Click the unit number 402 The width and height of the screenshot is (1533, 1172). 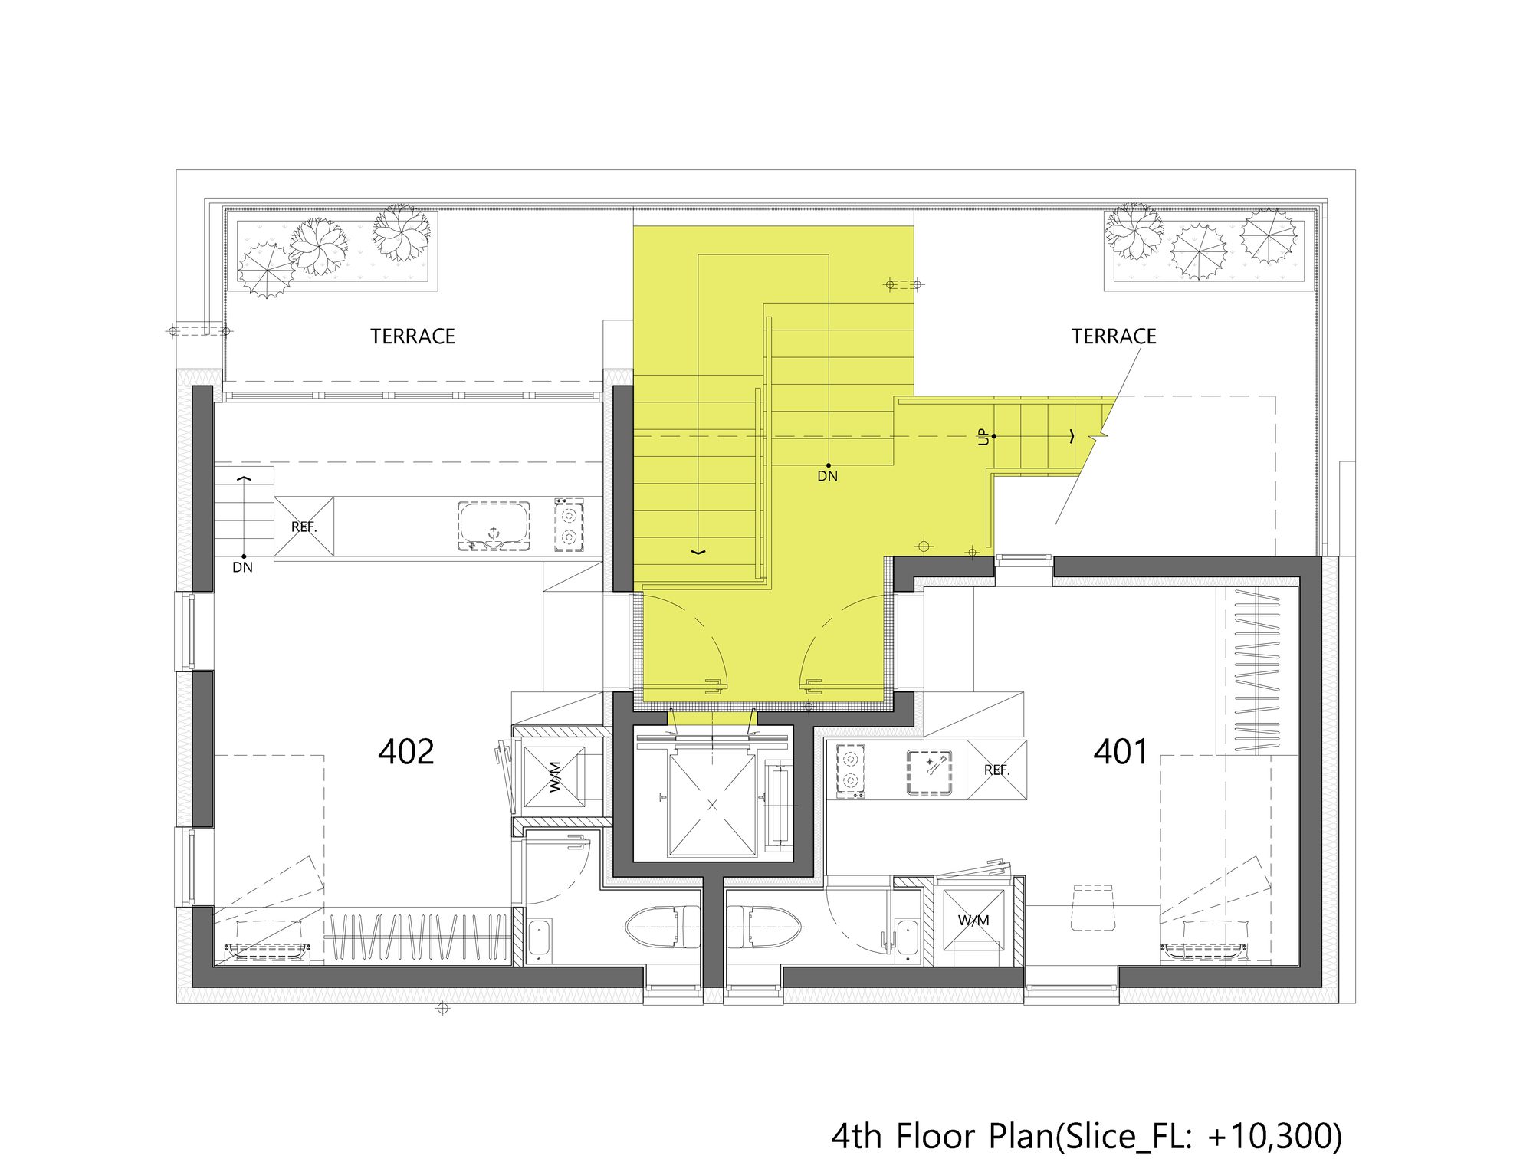click(405, 752)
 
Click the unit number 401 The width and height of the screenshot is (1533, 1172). click(1120, 752)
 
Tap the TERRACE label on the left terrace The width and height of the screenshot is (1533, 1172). click(412, 336)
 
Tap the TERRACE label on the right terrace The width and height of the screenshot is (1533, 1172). click(1113, 336)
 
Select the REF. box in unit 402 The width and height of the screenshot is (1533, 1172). click(304, 527)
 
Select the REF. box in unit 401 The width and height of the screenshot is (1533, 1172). click(996, 770)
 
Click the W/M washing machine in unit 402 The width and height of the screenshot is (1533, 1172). click(554, 776)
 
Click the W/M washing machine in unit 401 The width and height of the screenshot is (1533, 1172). click(973, 920)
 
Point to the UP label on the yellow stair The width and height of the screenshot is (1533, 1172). click(983, 437)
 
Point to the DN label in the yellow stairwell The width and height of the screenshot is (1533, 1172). click(827, 476)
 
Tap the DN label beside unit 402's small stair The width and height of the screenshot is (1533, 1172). click(242, 567)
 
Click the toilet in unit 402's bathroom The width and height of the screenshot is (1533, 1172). click(662, 927)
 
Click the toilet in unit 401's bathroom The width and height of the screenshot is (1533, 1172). click(763, 927)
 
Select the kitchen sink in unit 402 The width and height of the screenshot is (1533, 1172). click(494, 526)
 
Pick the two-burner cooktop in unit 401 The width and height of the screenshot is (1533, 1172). click(850, 770)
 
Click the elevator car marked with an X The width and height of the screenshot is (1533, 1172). click(712, 805)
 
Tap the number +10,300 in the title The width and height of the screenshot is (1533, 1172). click(1273, 1136)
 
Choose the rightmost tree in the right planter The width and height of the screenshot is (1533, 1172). click(1269, 236)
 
